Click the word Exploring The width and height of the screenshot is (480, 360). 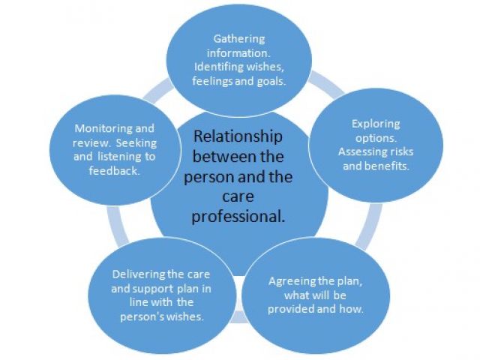376,124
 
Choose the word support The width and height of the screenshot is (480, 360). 155,288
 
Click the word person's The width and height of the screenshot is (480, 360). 144,316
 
